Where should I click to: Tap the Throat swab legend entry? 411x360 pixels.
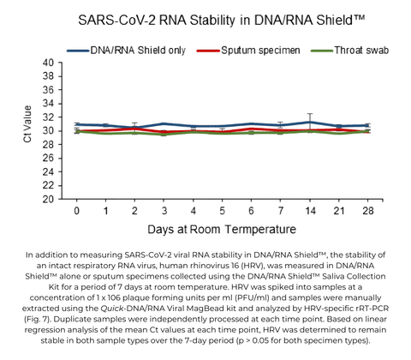pos(357,51)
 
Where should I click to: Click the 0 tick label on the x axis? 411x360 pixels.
pos(77,209)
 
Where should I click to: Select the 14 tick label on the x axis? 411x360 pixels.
pos(309,209)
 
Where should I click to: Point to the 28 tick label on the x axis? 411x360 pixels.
pos(367,209)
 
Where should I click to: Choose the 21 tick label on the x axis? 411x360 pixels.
pos(338,209)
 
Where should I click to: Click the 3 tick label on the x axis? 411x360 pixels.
pos(164,209)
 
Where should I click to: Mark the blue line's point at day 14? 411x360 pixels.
pos(309,122)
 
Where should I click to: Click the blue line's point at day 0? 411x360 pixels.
pos(77,124)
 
